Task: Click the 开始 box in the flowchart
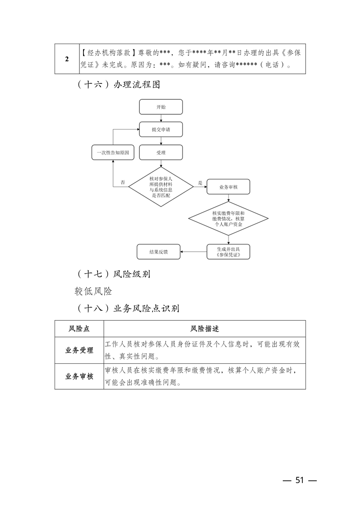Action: click(x=161, y=107)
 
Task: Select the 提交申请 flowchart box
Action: click(x=161, y=129)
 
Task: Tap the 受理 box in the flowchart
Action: click(x=161, y=152)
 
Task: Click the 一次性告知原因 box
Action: click(x=113, y=153)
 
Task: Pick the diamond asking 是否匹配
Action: click(x=161, y=187)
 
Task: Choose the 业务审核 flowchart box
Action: click(x=228, y=187)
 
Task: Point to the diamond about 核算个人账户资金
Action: click(x=228, y=219)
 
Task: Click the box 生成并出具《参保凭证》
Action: click(x=228, y=251)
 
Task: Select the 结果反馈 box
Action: click(x=158, y=251)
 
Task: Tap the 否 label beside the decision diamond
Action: click(x=123, y=182)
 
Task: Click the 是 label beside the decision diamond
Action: click(x=200, y=183)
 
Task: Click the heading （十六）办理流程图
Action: click(x=118, y=84)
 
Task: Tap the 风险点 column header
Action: click(x=79, y=328)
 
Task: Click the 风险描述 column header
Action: click(x=204, y=328)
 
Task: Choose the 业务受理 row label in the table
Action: click(x=79, y=350)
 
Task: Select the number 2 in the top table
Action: click(x=67, y=59)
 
